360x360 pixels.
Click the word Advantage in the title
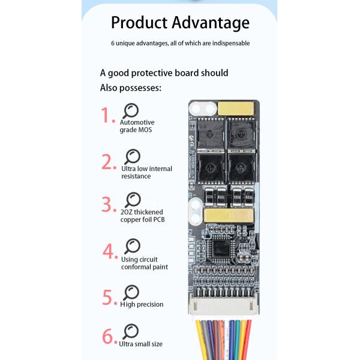coord(211,23)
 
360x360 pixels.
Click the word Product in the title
coord(139,23)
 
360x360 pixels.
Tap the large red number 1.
coord(108,115)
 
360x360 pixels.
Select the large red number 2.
coord(108,162)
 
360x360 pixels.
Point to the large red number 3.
coord(108,204)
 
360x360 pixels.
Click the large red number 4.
coord(110,251)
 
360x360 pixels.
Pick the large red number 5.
coord(109,297)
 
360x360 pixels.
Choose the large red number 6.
coord(109,336)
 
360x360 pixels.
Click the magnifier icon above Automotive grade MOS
coord(131,110)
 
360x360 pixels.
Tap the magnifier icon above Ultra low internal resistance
coord(132,157)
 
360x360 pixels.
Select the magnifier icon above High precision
coord(131,292)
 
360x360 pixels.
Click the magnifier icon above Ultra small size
coord(130,331)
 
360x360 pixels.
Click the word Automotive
coord(137,122)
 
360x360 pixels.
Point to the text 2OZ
coord(127,212)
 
